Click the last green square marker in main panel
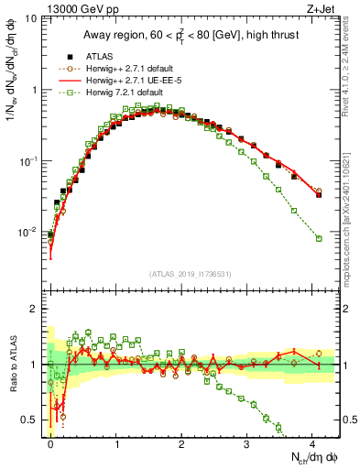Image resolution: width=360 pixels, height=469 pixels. click(x=319, y=238)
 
